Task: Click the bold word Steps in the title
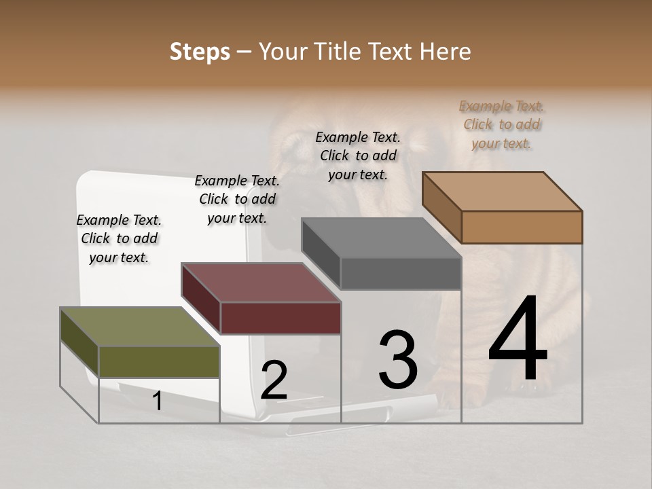[200, 52]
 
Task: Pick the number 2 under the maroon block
[274, 380]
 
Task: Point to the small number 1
[158, 401]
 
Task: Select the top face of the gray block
[381, 238]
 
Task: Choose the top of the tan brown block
[502, 192]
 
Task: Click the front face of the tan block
[522, 227]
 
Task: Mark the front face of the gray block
[401, 273]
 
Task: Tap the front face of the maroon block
[280, 318]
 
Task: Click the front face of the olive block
[160, 361]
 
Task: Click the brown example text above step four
[501, 124]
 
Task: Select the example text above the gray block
[358, 156]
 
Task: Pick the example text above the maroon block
[237, 199]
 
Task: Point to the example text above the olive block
[119, 238]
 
